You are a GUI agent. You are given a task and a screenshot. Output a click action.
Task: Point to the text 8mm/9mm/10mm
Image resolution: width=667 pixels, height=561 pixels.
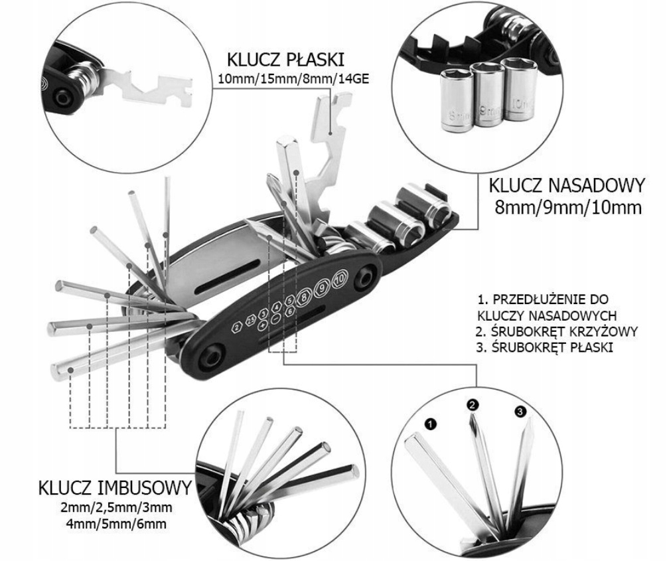click(567, 207)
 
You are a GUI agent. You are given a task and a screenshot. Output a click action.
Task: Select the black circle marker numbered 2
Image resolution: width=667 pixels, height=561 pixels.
click(473, 404)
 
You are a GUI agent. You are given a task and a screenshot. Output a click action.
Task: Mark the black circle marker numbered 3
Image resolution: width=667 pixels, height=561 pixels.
click(520, 412)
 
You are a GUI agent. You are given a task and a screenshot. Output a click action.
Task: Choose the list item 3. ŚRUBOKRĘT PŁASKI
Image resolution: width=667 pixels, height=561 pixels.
click(544, 347)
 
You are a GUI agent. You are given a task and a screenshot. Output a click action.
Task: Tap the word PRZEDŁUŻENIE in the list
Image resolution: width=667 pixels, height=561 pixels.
click(539, 299)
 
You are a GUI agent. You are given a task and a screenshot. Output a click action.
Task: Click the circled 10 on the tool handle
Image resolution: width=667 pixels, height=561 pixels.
click(340, 278)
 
